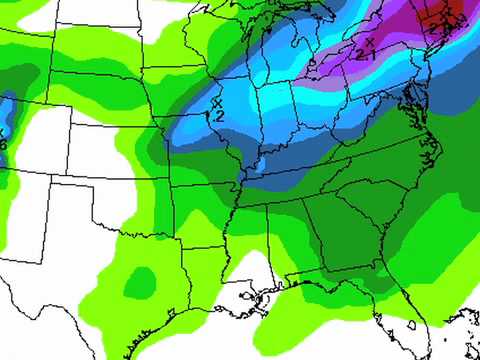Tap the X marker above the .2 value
point(217,101)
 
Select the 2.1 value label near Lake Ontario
point(366,55)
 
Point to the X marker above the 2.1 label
point(368,42)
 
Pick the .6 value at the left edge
point(3,144)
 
